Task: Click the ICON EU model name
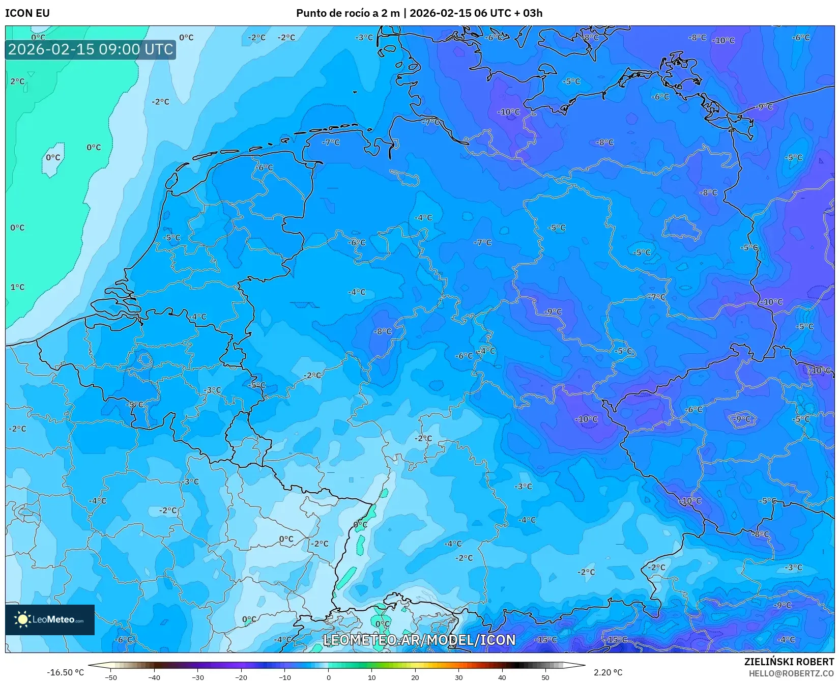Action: (x=27, y=13)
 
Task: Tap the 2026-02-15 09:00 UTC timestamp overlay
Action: (x=91, y=49)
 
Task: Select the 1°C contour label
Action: (x=17, y=287)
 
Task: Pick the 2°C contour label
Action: (x=17, y=81)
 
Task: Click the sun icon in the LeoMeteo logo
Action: (x=22, y=619)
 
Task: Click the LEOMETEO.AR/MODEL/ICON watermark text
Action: (x=419, y=640)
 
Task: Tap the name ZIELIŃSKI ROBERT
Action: (x=789, y=662)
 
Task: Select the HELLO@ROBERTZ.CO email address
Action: (x=791, y=673)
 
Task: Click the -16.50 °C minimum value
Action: (x=65, y=672)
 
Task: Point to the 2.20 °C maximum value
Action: (x=608, y=672)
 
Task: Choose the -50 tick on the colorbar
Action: (x=111, y=677)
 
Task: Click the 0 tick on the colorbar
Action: (x=328, y=677)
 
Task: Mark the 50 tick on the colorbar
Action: (x=545, y=677)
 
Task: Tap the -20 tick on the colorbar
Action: (x=241, y=677)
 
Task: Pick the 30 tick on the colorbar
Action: (x=458, y=677)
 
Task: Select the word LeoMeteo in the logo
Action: (x=53, y=620)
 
